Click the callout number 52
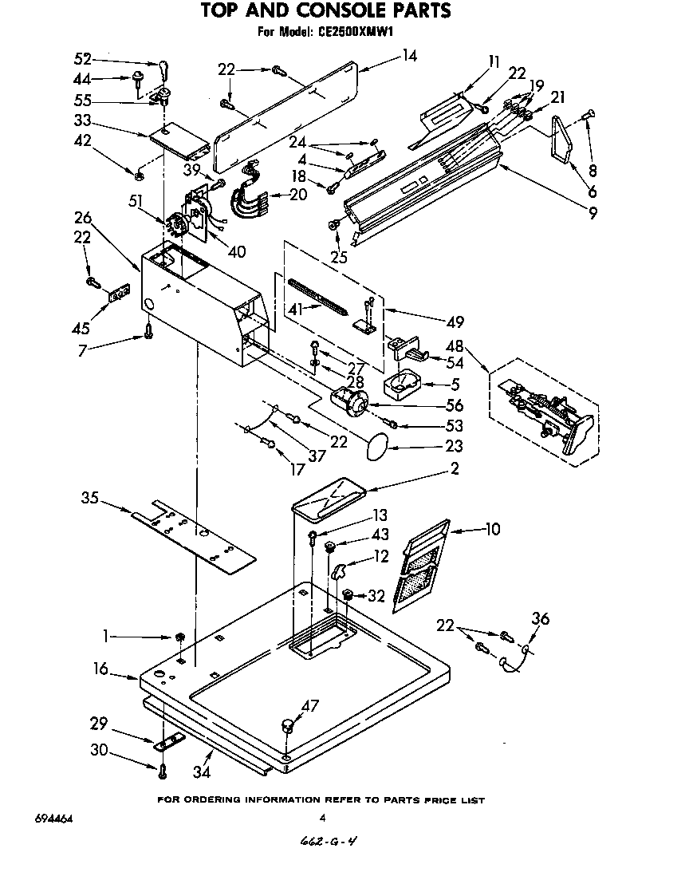pyautogui.click(x=82, y=58)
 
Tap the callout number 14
pyautogui.click(x=409, y=56)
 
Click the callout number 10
pyautogui.click(x=493, y=528)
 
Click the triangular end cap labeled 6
pyautogui.click(x=562, y=138)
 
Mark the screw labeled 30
pyautogui.click(x=163, y=771)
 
